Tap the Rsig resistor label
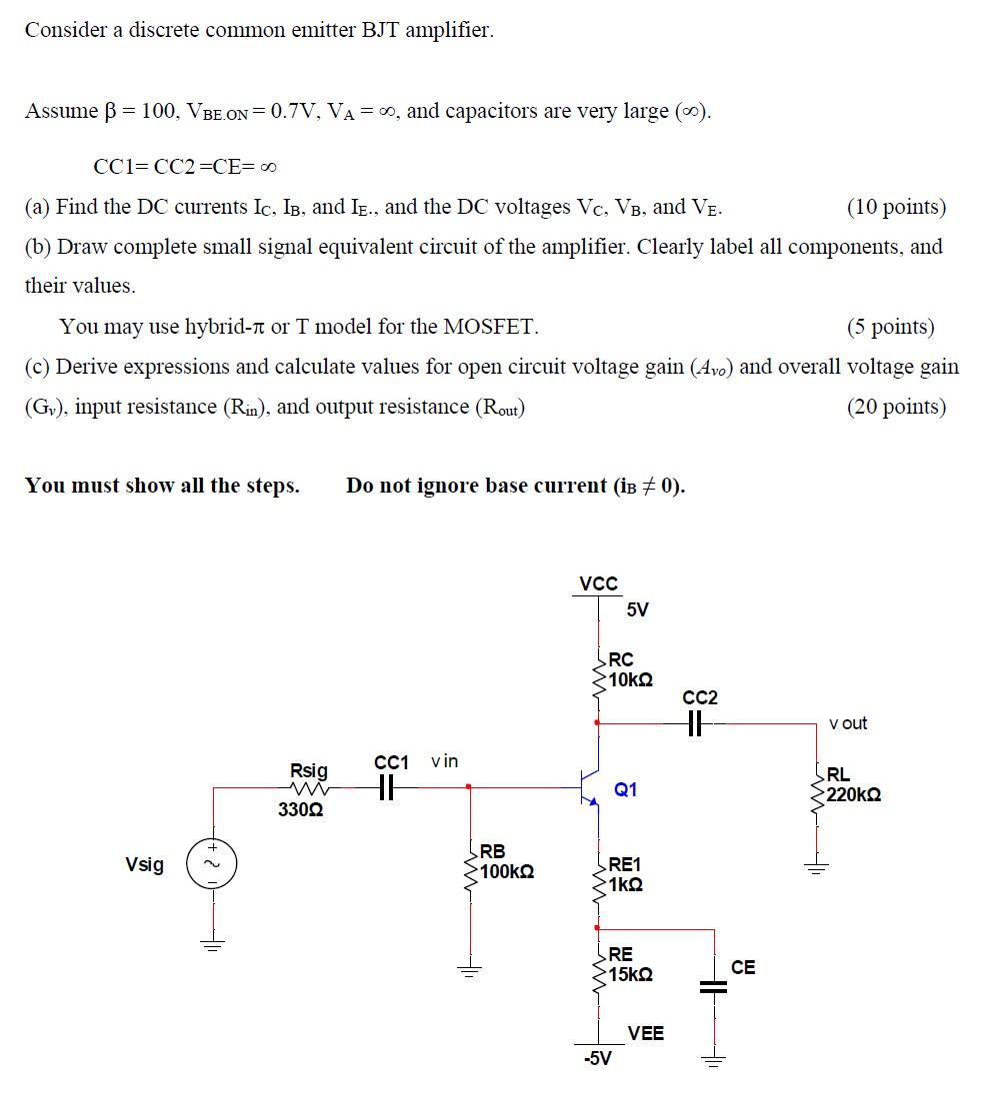point(308,770)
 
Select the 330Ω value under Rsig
point(300,809)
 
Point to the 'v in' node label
point(444,761)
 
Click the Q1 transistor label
point(626,790)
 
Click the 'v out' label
point(848,723)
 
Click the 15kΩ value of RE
point(631,974)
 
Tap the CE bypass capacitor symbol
point(714,985)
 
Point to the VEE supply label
point(645,1033)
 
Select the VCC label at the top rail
point(598,583)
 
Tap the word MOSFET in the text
point(488,327)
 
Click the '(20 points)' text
point(896,407)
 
